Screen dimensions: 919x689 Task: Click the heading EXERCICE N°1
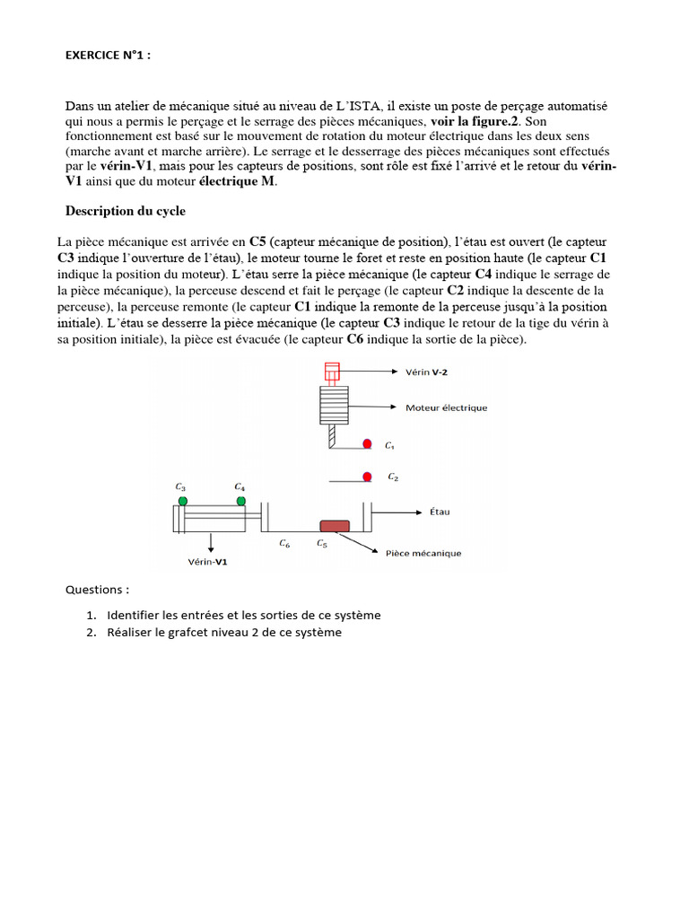[108, 55]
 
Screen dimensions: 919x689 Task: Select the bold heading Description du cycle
[125, 211]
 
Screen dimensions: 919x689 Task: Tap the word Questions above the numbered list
[97, 590]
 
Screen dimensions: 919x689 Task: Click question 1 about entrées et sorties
[243, 616]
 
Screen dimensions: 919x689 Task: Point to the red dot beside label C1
[367, 444]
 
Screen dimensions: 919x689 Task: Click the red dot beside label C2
[367, 477]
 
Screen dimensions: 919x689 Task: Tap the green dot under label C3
[183, 500]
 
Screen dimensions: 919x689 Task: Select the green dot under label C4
[240, 500]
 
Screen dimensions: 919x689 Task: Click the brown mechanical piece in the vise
[334, 526]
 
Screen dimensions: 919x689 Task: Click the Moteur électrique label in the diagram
[446, 407]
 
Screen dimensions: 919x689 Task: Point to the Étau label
[440, 512]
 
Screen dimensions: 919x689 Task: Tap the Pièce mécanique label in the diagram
[423, 554]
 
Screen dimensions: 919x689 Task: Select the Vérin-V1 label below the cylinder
[207, 563]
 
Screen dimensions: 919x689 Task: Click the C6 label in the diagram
[283, 543]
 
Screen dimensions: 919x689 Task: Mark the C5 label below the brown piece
[321, 543]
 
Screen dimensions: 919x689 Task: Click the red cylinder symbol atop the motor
[332, 371]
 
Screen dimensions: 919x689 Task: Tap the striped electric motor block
[333, 406]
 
